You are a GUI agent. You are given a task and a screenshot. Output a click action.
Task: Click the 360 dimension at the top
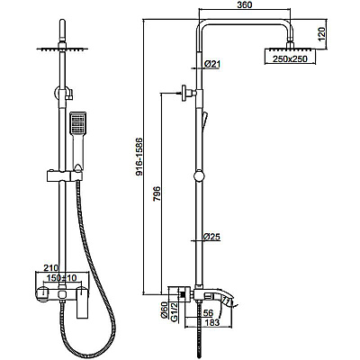[245, 5]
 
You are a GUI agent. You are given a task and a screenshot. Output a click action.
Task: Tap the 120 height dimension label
[321, 34]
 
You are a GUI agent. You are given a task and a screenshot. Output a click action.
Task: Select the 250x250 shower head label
[290, 59]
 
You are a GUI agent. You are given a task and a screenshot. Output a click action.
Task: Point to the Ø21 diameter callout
[212, 64]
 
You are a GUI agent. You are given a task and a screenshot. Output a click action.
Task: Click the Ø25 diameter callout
[211, 237]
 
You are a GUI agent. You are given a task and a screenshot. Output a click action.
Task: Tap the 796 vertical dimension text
[157, 194]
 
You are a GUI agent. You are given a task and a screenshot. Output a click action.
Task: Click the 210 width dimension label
[51, 267]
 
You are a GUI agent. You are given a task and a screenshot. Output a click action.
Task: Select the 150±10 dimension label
[60, 278]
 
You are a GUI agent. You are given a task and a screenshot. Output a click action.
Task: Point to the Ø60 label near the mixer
[165, 310]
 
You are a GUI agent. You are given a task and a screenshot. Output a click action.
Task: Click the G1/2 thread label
[174, 311]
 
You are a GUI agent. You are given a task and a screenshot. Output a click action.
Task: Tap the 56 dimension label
[208, 313]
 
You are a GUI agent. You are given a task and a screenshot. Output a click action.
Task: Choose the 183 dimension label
[212, 322]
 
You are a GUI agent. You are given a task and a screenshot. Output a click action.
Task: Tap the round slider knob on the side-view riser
[199, 175]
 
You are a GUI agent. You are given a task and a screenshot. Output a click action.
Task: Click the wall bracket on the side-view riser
[188, 94]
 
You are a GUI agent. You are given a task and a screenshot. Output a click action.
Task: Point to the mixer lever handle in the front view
[82, 302]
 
